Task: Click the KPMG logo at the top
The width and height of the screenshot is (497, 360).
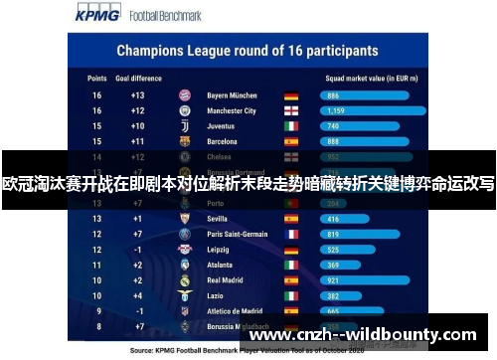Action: [95, 14]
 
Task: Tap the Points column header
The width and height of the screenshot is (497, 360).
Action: [96, 77]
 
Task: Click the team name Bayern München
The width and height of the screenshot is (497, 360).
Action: [232, 95]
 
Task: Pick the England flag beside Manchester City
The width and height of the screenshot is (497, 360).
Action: [291, 111]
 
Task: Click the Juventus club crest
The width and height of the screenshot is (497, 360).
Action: [184, 126]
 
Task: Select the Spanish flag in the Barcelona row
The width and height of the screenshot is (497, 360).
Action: [291, 142]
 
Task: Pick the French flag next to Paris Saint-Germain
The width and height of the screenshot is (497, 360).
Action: [291, 234]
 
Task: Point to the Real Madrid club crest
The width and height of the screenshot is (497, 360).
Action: [184, 280]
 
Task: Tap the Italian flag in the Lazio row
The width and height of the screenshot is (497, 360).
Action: [291, 296]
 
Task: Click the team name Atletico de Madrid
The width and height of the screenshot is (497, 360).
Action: [235, 311]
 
